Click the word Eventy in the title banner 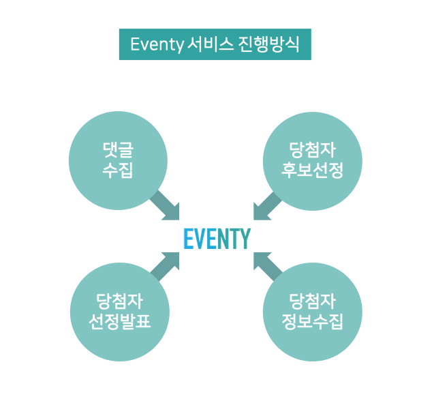click(157, 44)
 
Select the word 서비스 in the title click(210, 44)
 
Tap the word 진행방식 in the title click(268, 44)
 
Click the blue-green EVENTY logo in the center click(217, 239)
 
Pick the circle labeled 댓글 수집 click(118, 161)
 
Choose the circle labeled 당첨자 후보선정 click(313, 161)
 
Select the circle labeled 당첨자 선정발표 click(120, 312)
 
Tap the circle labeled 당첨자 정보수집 click(313, 312)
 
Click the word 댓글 click(118, 150)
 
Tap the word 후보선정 click(313, 170)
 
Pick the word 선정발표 click(120, 321)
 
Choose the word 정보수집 click(313, 321)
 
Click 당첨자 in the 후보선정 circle click(313, 150)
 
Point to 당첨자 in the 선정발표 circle click(120, 301)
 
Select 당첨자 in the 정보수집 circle click(313, 301)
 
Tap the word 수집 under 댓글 click(118, 170)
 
